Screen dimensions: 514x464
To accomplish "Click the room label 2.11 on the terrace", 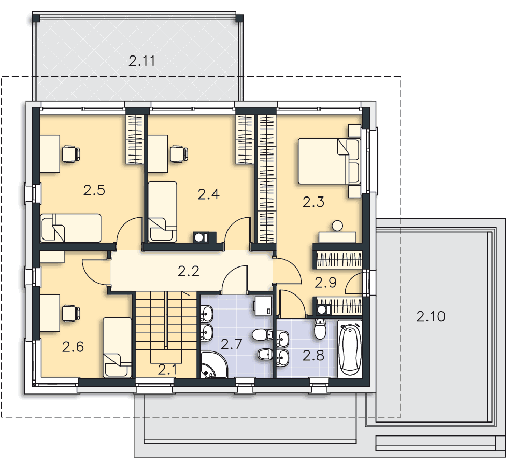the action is (x=141, y=61).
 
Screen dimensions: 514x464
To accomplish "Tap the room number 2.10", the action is (x=431, y=316).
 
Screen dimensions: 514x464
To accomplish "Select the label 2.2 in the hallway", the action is (x=189, y=271).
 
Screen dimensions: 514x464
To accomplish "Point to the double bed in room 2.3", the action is (x=329, y=161).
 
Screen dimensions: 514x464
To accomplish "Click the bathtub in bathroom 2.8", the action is (x=350, y=349).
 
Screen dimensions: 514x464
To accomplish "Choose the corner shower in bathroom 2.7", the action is (x=213, y=365).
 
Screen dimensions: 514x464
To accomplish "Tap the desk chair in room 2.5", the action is (x=71, y=153).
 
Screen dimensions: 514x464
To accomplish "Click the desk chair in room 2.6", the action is (x=71, y=313).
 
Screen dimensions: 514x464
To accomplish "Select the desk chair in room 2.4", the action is (x=179, y=153).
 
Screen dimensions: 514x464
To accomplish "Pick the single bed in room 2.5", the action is (x=70, y=228).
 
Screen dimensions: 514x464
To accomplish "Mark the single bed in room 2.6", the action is (x=117, y=347).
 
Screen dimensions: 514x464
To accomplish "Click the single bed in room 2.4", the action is (x=162, y=212).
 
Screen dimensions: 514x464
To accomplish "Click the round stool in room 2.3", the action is (x=337, y=226).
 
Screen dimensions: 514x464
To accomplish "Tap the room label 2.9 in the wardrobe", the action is (x=325, y=283).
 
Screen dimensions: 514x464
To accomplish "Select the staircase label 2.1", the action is (x=167, y=370).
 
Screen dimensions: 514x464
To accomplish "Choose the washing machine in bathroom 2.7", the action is (x=263, y=305).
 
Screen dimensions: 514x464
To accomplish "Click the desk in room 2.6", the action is (x=50, y=313).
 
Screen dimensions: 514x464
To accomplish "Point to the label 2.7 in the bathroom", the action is (x=231, y=344).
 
